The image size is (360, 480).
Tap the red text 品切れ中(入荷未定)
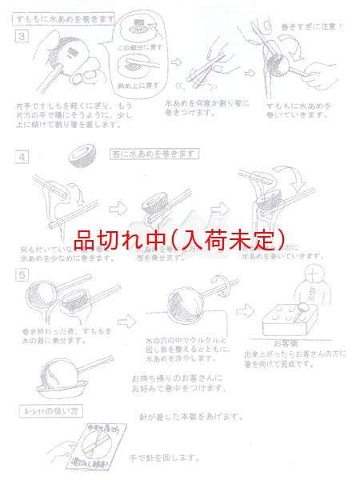(179, 238)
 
